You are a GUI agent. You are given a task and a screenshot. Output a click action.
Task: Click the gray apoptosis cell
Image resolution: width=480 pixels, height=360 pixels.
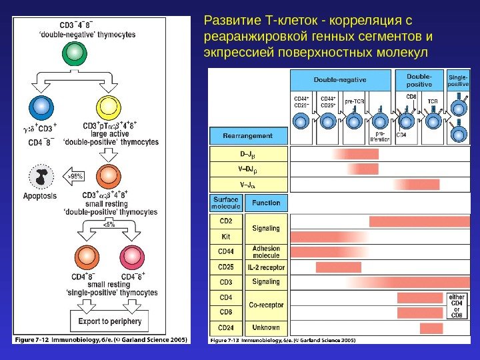tap(39, 177)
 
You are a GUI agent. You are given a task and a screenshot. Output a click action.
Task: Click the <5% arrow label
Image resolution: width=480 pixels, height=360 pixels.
tap(108, 225)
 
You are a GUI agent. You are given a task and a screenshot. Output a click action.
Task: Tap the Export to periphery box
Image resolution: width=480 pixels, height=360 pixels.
tap(108, 321)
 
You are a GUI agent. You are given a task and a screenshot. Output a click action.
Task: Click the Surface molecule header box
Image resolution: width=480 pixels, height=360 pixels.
tap(226, 203)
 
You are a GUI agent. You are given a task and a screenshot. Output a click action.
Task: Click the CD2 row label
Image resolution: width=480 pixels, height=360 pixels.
tap(226, 221)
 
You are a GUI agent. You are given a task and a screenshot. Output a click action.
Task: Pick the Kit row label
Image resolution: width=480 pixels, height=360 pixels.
tap(226, 236)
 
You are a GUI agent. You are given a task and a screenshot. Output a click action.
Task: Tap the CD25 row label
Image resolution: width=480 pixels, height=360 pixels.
tap(226, 267)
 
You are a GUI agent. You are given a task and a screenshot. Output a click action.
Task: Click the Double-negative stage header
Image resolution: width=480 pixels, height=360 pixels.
tap(339, 79)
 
